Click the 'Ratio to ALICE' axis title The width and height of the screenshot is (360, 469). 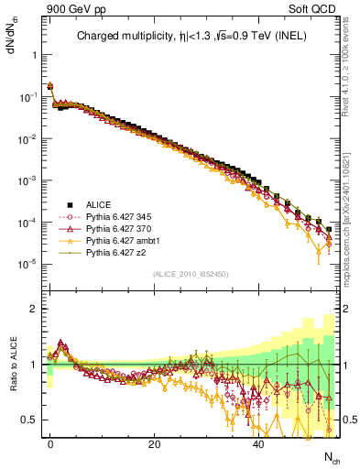14,364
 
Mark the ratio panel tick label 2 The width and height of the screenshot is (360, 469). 33,309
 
